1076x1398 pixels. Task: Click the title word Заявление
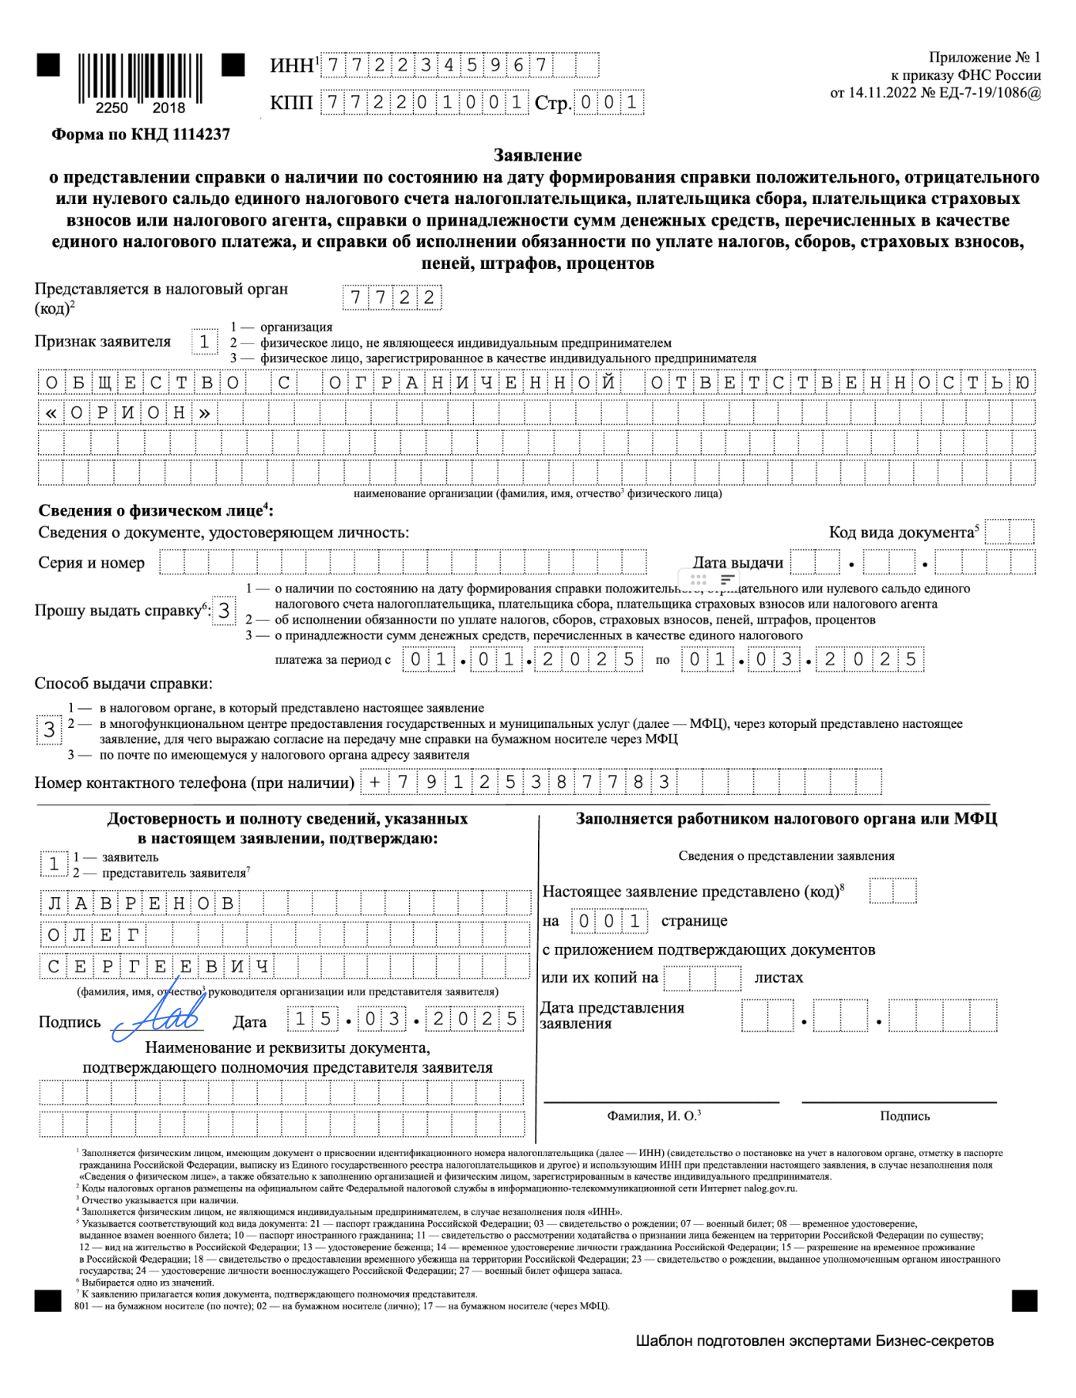point(537,155)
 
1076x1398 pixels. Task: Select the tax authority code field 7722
point(392,297)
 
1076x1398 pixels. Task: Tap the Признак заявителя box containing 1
point(204,342)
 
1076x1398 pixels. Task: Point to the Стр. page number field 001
point(608,103)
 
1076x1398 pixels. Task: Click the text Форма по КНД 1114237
point(140,134)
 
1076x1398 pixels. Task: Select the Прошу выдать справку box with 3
point(224,611)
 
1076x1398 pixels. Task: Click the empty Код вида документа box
point(1010,532)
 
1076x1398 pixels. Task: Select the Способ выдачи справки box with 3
point(49,729)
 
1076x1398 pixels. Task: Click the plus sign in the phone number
point(374,782)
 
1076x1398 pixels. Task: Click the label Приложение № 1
point(984,57)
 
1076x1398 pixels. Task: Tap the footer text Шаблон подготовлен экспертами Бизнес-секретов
point(814,1340)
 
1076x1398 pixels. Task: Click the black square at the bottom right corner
point(1024,1300)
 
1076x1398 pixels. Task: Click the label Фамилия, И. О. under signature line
point(653,1116)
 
